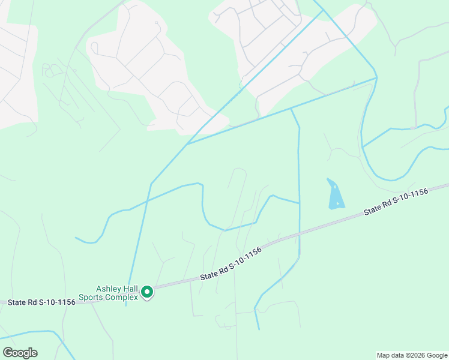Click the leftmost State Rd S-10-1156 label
coord(42,302)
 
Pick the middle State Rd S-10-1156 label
coord(231,266)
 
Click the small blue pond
coord(336,196)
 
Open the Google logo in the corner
coord(20,352)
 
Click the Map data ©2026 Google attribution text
coord(412,355)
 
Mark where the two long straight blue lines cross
coord(187,144)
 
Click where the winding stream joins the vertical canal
coord(299,203)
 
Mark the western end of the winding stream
coord(76,238)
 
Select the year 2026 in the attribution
coord(409,355)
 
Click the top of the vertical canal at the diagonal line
coord(291,109)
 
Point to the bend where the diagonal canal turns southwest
coord(151,184)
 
